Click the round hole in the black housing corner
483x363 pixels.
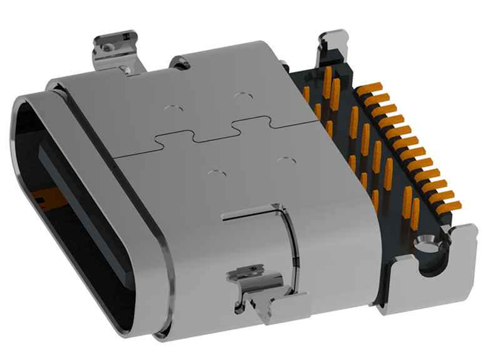point(428,240)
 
